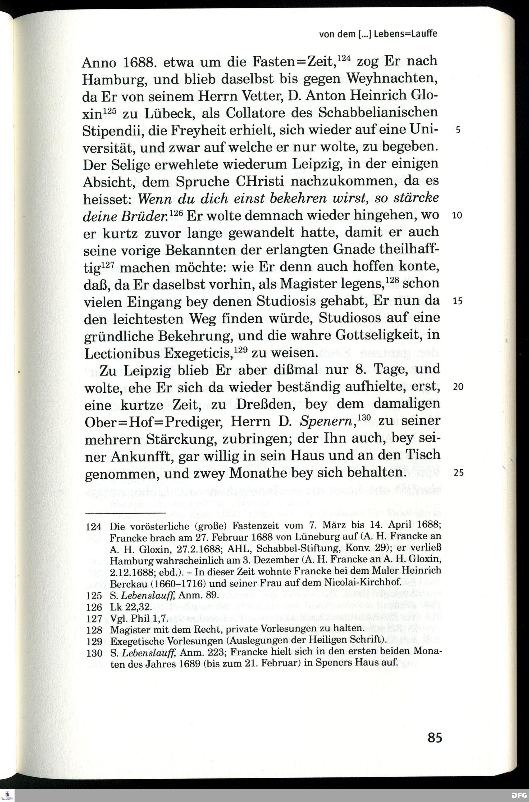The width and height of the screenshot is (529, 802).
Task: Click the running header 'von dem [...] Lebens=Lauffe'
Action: point(378,34)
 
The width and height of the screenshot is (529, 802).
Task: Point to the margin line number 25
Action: point(458,473)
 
